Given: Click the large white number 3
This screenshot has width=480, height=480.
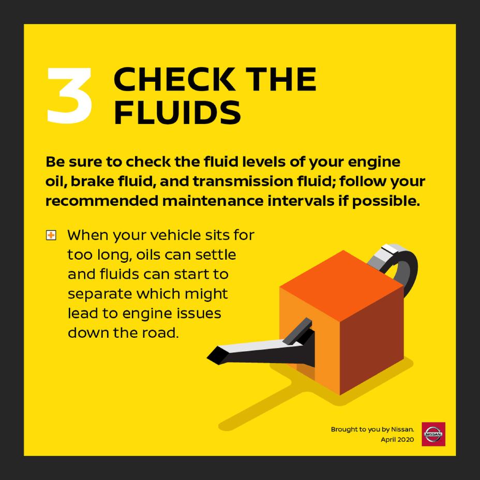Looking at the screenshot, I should click(x=70, y=96).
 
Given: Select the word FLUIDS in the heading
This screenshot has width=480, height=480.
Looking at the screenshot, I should click(x=177, y=113).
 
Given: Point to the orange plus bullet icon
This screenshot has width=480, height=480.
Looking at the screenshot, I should click(x=51, y=236).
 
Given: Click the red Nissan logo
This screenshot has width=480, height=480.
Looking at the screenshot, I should click(x=433, y=434).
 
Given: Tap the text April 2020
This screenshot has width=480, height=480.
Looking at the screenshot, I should click(x=397, y=440).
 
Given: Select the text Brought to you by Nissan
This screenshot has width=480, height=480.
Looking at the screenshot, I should click(x=372, y=429).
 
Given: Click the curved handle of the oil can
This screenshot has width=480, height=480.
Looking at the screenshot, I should click(x=406, y=264).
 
